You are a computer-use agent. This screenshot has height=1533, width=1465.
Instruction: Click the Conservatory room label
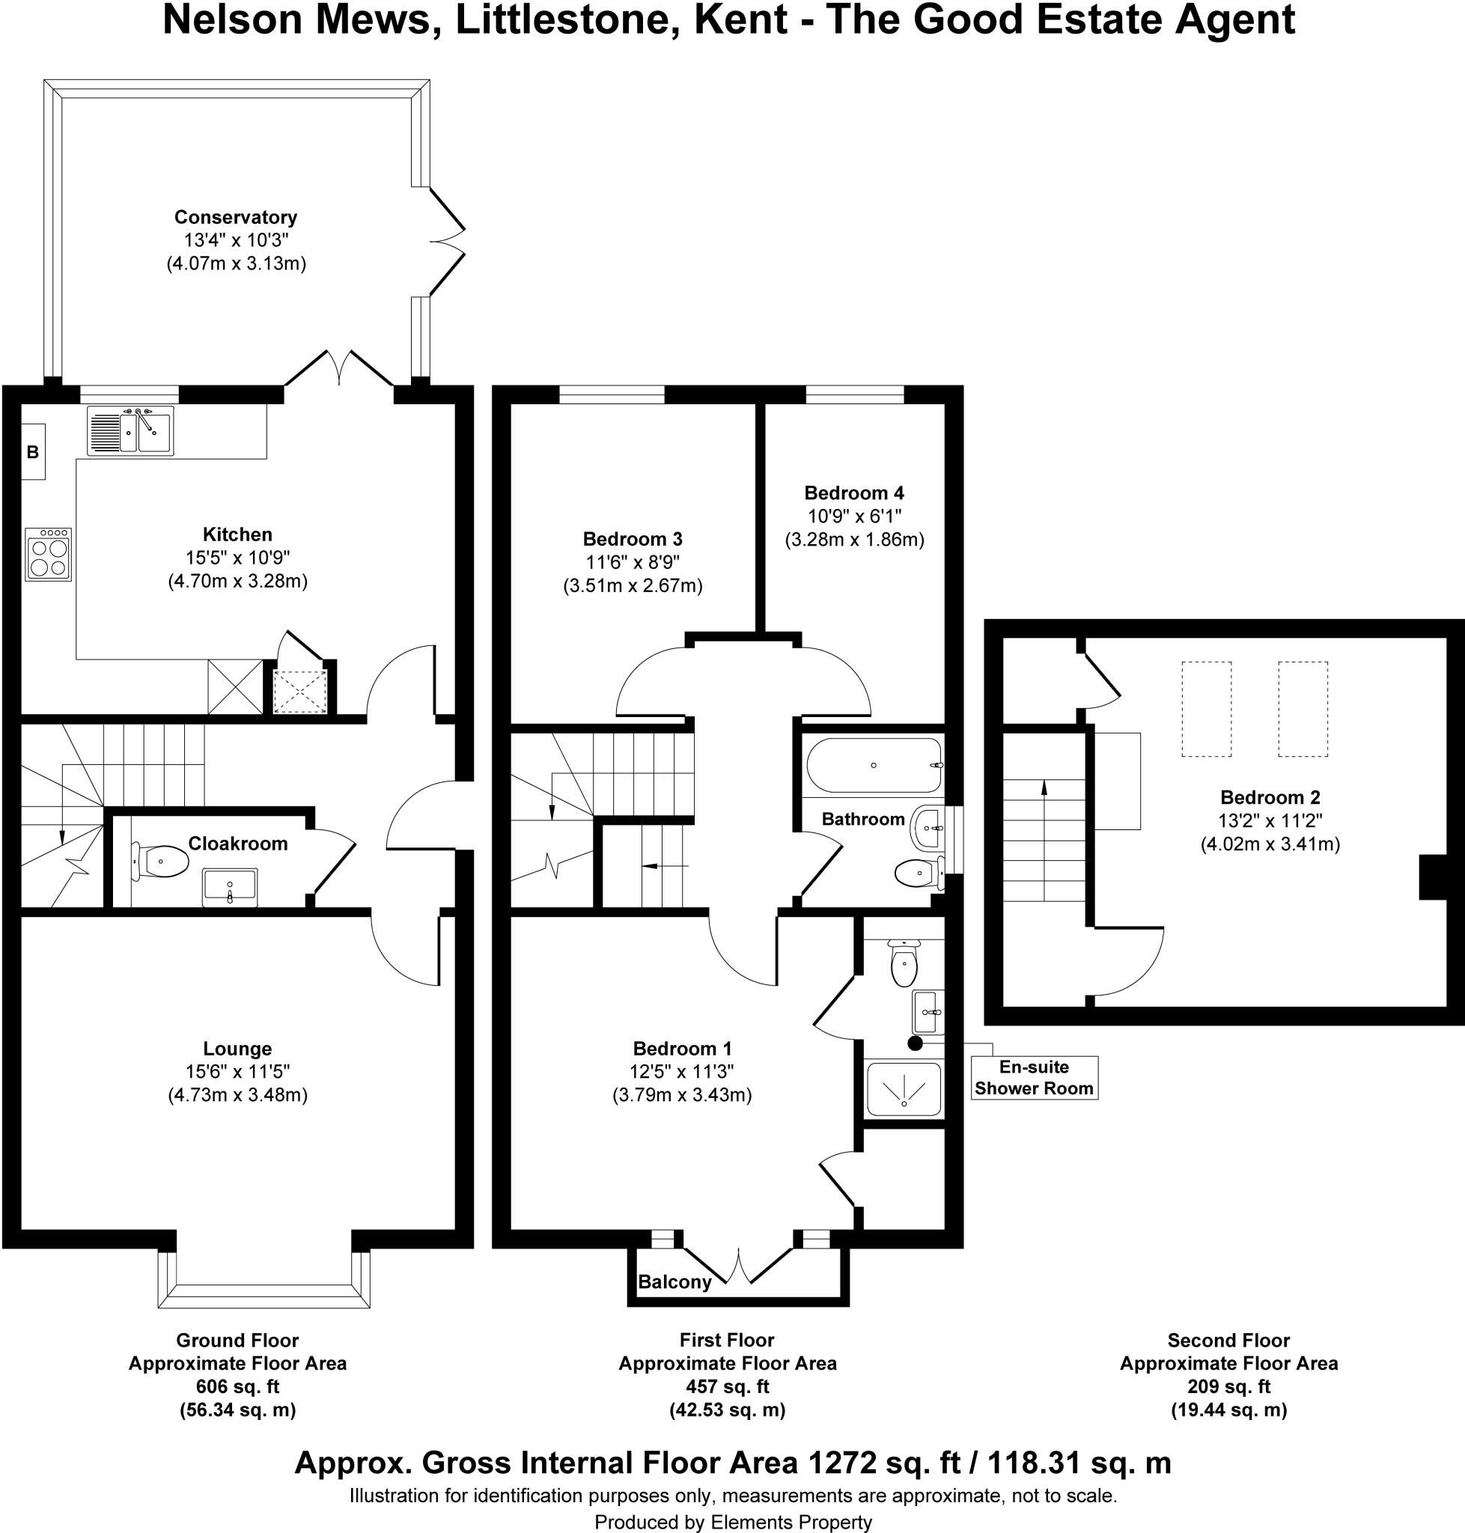(235, 217)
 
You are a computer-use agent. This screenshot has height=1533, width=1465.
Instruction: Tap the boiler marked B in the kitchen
(33, 451)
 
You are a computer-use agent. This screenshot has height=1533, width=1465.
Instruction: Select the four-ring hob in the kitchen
(49, 555)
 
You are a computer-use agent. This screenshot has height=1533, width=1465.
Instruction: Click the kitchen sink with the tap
(130, 430)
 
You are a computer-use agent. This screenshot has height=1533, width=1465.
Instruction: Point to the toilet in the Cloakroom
(162, 862)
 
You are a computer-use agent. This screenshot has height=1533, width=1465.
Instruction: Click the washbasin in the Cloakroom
(230, 886)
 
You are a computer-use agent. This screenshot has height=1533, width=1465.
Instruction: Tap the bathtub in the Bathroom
(873, 765)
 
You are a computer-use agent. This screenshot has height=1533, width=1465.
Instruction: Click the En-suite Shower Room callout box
(1034, 1078)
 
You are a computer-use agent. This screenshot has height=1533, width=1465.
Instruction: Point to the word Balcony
(674, 1281)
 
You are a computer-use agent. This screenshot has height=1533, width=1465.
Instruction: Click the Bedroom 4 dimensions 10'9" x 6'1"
(853, 516)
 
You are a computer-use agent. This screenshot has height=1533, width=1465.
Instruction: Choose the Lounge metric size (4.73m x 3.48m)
(237, 1095)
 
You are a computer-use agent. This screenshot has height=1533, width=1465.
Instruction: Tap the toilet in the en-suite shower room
(904, 966)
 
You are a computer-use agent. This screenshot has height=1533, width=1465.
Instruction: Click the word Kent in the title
(740, 21)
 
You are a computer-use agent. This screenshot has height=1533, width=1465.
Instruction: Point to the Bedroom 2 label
(1270, 797)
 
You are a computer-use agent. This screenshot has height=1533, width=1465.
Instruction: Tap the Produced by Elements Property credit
(732, 1521)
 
